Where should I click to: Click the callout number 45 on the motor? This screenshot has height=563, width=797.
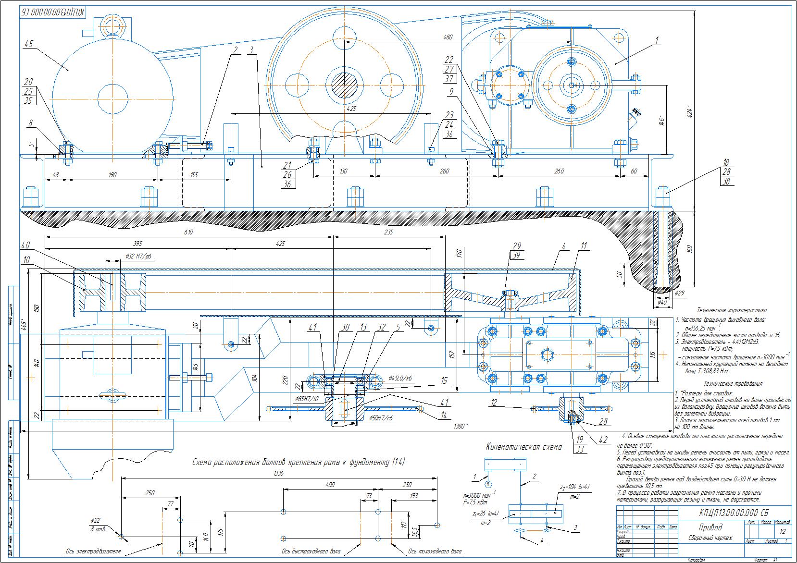[28, 44]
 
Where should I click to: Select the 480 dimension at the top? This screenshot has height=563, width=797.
[448, 37]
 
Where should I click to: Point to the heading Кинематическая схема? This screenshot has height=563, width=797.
[524, 447]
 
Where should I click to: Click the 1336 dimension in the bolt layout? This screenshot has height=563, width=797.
[278, 473]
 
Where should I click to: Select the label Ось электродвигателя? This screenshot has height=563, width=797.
[93, 551]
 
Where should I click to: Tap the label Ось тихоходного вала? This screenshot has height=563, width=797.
[435, 551]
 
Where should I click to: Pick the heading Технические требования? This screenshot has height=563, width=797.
[733, 384]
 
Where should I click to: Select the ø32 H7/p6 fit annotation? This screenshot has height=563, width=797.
[138, 257]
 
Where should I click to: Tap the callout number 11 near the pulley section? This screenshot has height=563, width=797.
[584, 246]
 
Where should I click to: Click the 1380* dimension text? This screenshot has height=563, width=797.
[460, 426]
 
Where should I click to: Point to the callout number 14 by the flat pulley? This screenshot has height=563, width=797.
[444, 416]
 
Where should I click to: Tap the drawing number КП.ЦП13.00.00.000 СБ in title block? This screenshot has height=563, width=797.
[736, 512]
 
